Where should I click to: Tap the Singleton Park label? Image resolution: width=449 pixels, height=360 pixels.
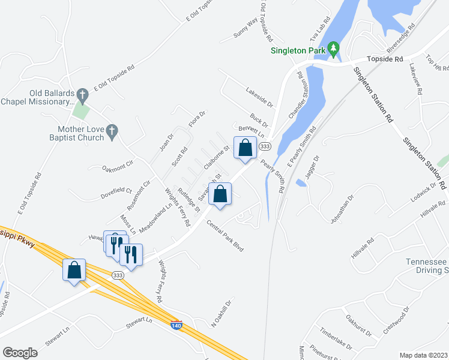click(297, 51)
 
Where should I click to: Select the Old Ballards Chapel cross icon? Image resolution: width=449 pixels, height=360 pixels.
click(83, 94)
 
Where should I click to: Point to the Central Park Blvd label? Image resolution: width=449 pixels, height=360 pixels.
click(224, 236)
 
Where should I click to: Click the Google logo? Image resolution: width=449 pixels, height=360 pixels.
click(19, 353)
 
